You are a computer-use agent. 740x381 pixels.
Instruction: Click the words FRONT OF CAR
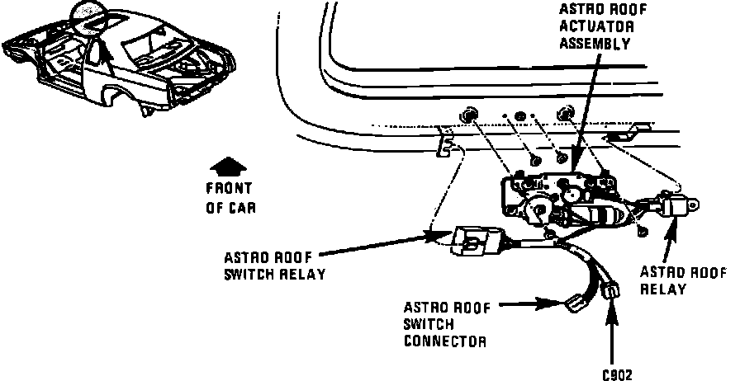(x=229, y=198)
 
